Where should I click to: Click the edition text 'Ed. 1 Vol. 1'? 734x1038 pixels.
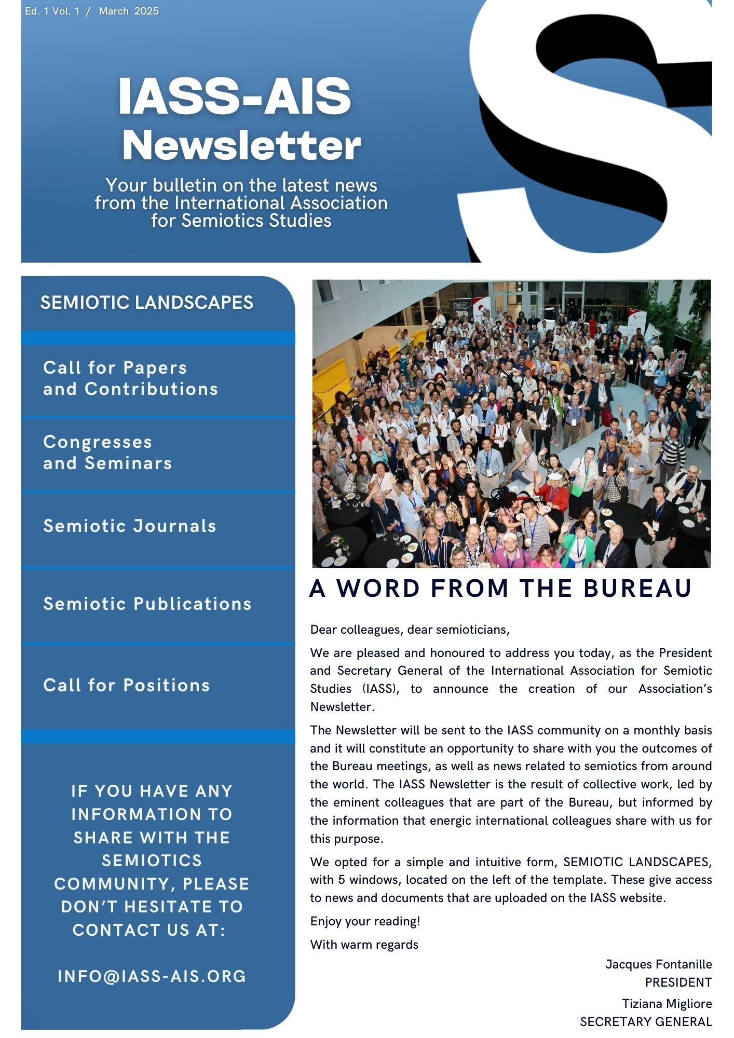(52, 11)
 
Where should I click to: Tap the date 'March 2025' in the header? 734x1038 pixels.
(129, 11)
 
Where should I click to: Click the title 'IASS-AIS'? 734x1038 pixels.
(235, 97)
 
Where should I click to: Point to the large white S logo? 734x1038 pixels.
(587, 130)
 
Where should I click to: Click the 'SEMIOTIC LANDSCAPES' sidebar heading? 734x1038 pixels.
(147, 303)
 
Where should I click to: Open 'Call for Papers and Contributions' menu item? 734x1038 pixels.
(130, 378)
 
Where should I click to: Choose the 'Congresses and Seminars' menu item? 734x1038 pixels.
(107, 453)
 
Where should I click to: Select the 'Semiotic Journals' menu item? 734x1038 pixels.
(130, 526)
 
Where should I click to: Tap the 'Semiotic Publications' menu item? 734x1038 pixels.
(147, 604)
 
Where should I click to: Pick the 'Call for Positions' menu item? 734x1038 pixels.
(127, 685)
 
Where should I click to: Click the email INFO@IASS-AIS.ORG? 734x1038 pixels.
(152, 976)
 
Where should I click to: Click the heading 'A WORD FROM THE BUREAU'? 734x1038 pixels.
(500, 589)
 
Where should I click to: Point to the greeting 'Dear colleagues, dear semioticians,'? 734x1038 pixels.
(410, 630)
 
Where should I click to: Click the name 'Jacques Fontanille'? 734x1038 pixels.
(658, 964)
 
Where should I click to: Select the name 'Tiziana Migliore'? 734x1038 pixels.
(667, 1004)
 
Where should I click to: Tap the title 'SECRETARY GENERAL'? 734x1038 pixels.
(646, 1022)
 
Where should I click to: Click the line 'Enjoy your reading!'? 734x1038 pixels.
(365, 921)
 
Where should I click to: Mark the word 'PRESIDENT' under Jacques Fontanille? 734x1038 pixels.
(678, 982)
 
